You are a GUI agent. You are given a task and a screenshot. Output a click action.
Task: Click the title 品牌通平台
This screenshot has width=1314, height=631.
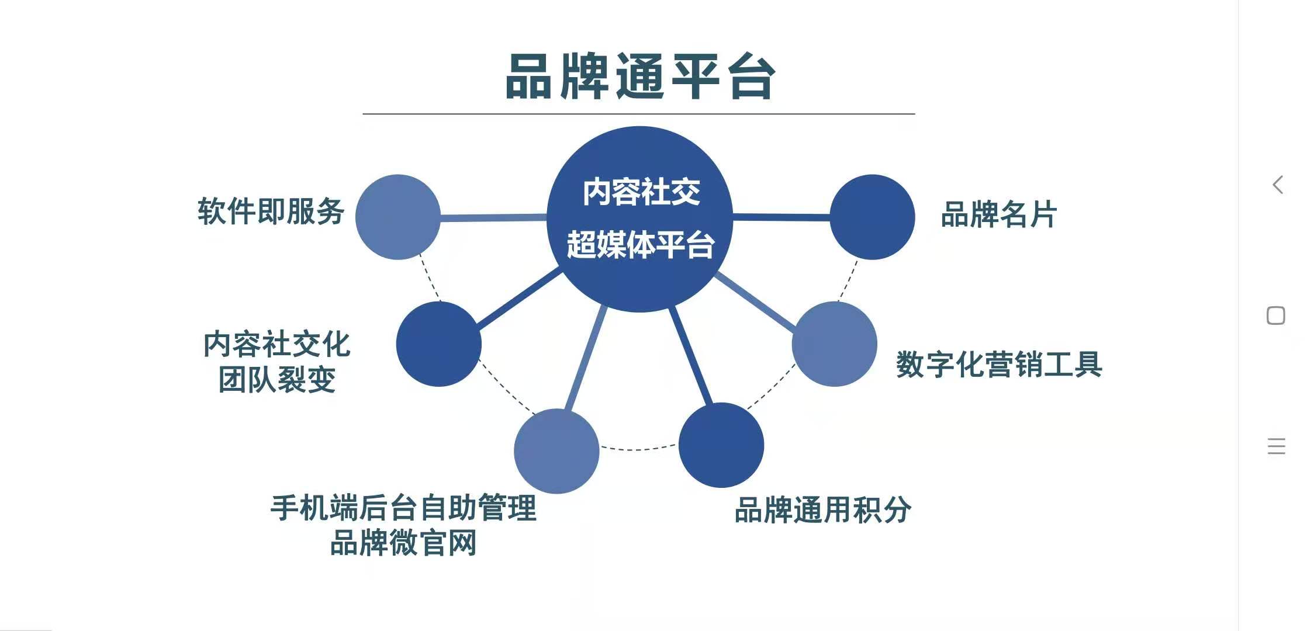pyautogui.click(x=641, y=77)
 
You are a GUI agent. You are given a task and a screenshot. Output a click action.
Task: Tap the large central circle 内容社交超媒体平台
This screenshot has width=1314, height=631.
pyautogui.click(x=639, y=219)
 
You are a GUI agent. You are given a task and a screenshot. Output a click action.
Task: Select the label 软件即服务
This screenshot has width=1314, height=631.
pyautogui.click(x=271, y=211)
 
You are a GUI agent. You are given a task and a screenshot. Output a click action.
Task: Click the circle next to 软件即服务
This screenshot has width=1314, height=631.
pyautogui.click(x=398, y=217)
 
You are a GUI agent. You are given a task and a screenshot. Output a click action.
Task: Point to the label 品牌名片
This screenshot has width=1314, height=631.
pyautogui.click(x=999, y=214)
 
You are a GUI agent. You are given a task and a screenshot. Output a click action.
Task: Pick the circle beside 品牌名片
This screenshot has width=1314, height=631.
pyautogui.click(x=872, y=217)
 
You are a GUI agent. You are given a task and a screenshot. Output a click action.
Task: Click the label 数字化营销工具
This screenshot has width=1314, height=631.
pyautogui.click(x=999, y=364)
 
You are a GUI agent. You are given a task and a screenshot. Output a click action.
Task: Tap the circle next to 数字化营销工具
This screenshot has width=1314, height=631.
pyautogui.click(x=835, y=344)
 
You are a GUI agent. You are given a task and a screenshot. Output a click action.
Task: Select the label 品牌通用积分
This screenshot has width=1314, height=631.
pyautogui.click(x=822, y=509)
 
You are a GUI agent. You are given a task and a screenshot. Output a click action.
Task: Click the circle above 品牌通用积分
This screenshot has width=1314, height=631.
pyautogui.click(x=721, y=445)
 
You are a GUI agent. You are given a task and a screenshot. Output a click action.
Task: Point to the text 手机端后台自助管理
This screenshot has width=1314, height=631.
pyautogui.click(x=403, y=507)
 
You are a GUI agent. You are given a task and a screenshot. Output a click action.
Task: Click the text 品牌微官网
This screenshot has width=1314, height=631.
pyautogui.click(x=403, y=543)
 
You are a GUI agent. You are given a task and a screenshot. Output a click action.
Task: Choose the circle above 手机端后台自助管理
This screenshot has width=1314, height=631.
pyautogui.click(x=556, y=451)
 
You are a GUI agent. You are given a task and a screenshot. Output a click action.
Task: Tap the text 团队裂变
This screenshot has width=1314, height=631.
pyautogui.click(x=277, y=380)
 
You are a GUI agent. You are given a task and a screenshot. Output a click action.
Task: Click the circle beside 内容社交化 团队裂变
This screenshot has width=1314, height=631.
pyautogui.click(x=439, y=344)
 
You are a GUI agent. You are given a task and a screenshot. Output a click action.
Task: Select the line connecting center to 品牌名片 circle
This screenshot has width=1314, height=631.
pyautogui.click(x=782, y=217)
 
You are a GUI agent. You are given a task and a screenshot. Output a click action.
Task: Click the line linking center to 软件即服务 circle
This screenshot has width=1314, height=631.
pyautogui.click(x=493, y=217)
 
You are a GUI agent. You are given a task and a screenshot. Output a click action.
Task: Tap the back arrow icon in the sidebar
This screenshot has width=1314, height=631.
pyautogui.click(x=1278, y=185)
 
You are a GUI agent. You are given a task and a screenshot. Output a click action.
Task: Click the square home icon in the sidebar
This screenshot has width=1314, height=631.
pyautogui.click(x=1276, y=315)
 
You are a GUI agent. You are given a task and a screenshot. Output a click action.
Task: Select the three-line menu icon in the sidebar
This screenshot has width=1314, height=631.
pyautogui.click(x=1277, y=446)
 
